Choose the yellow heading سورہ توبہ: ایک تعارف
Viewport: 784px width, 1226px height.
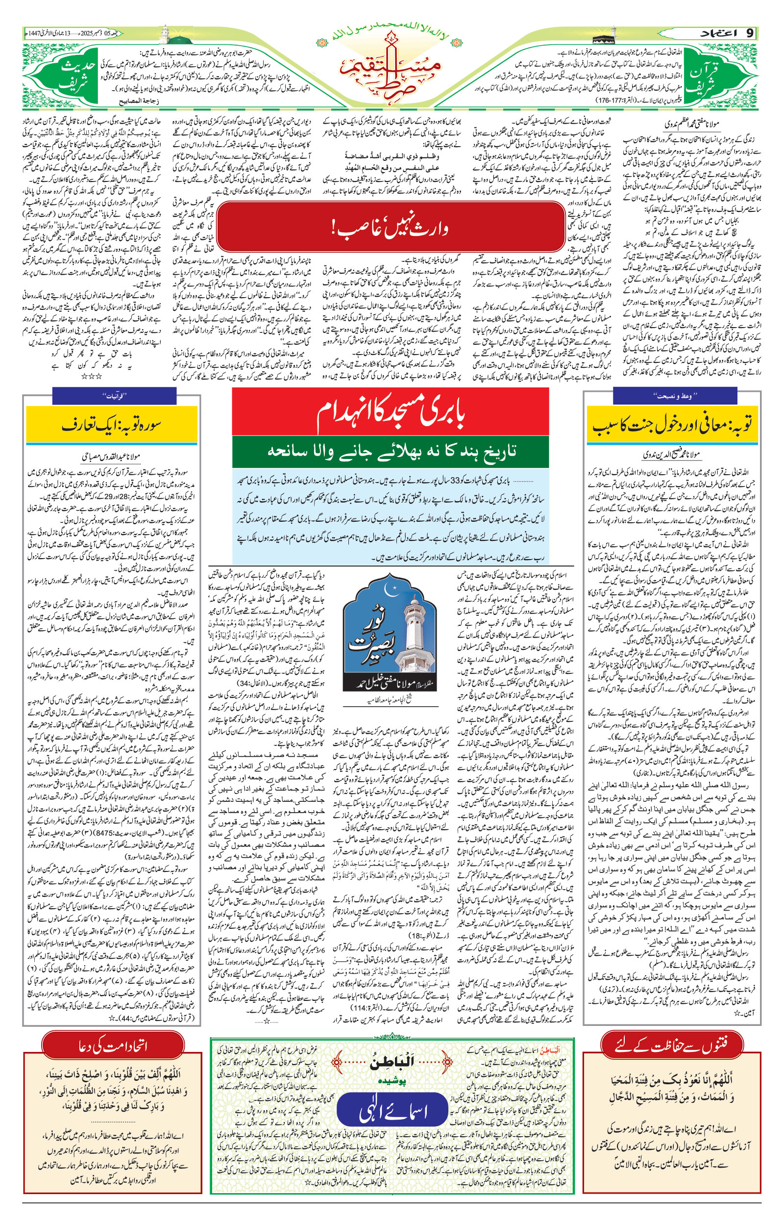coord(111,425)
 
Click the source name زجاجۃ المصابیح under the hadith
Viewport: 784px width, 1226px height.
coord(129,102)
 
